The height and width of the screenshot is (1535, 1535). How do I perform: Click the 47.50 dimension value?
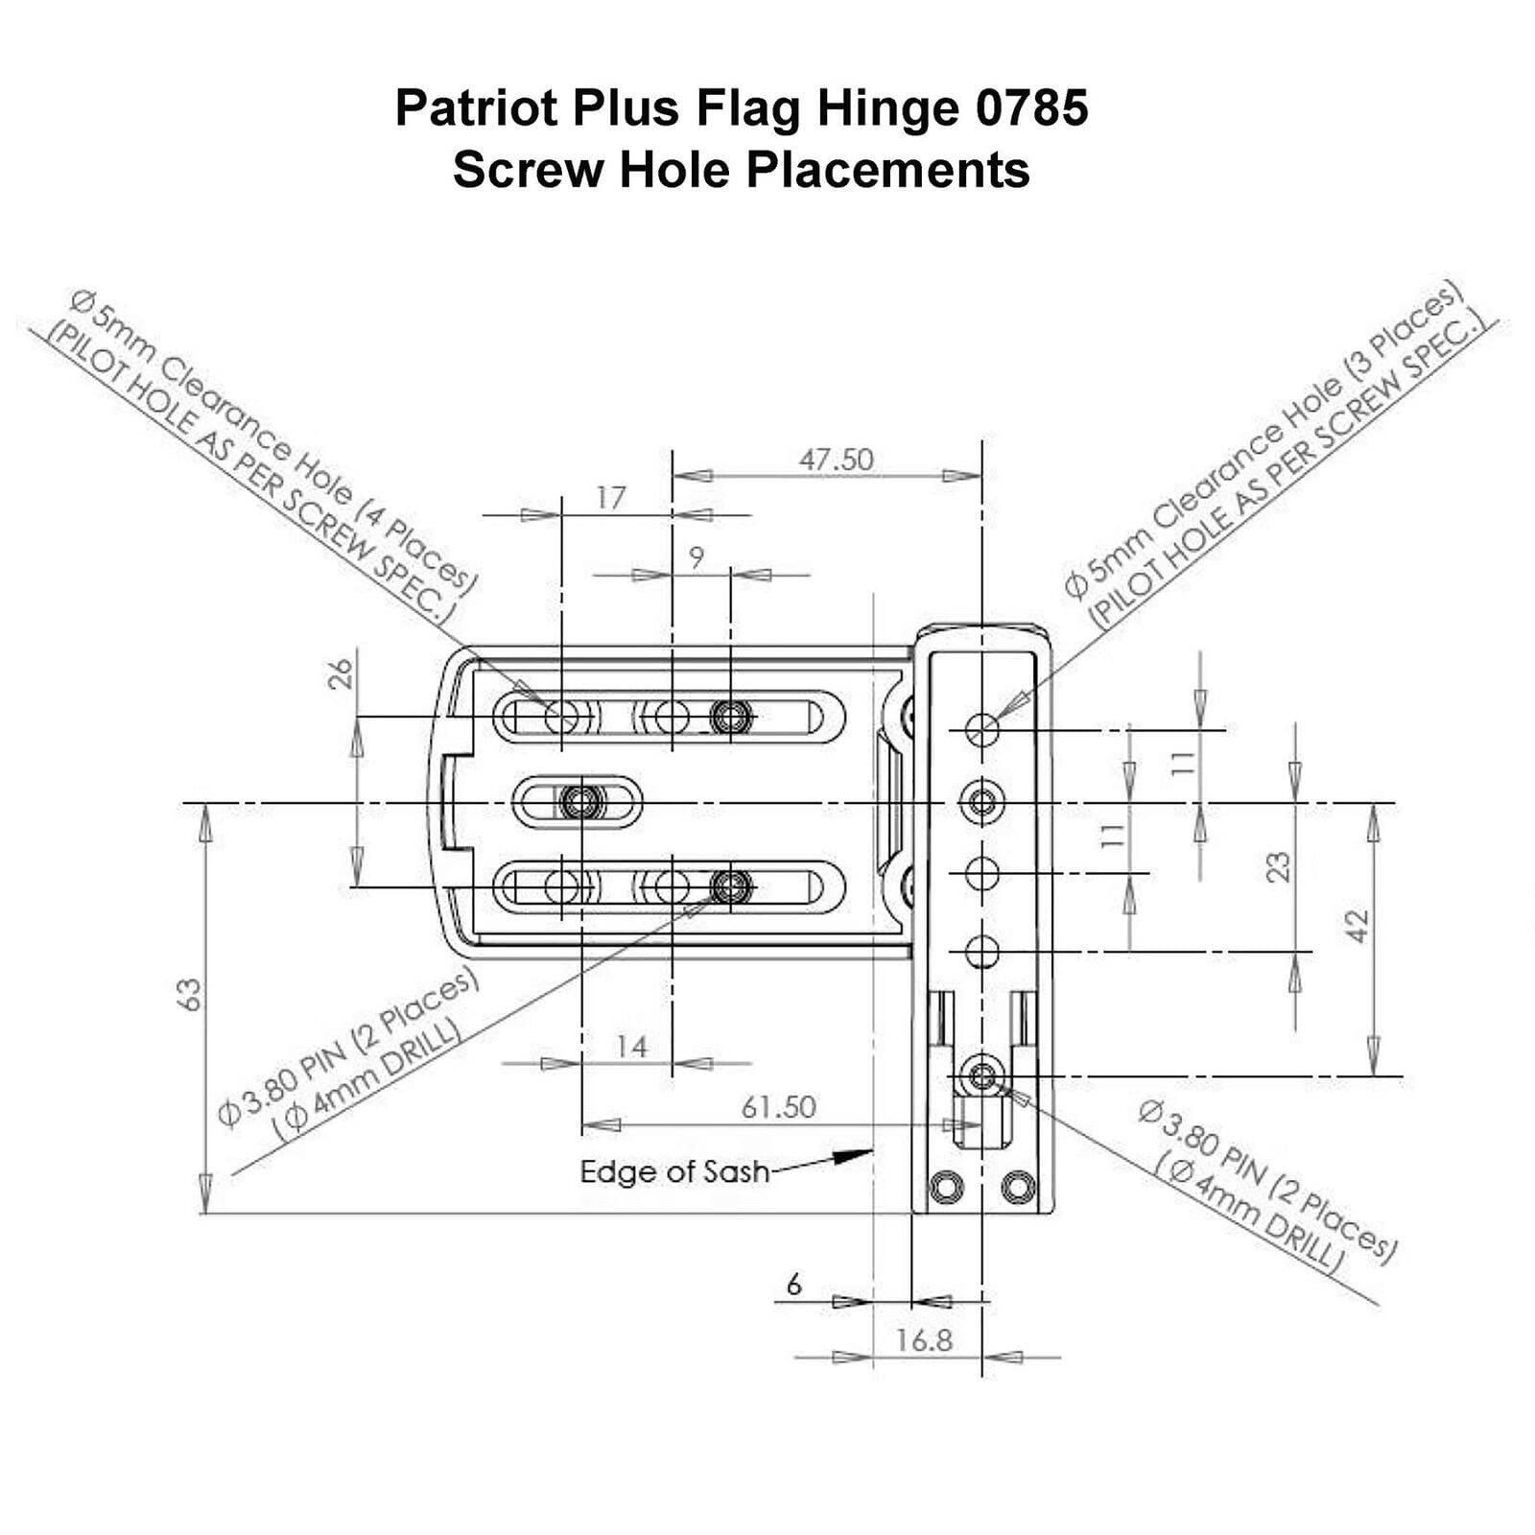click(837, 460)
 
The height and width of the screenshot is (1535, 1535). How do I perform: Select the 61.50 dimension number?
click(778, 1107)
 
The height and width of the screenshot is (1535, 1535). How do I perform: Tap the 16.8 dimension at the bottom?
click(924, 1340)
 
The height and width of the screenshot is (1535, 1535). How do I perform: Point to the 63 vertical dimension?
click(190, 994)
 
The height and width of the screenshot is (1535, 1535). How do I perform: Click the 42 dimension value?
click(1358, 926)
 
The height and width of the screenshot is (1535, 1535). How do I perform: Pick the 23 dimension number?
click(1278, 867)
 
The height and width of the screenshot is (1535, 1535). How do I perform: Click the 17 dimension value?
click(610, 498)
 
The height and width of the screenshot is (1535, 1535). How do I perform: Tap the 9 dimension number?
click(697, 556)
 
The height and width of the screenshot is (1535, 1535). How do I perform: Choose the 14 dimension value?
click(631, 1047)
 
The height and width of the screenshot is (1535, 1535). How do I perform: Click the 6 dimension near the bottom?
click(793, 1284)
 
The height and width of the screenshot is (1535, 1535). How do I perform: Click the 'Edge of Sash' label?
click(674, 1171)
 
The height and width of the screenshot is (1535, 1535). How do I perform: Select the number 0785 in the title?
click(1032, 107)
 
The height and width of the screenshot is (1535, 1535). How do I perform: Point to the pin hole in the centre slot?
click(581, 801)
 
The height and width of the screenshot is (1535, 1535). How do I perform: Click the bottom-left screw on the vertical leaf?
click(946, 1188)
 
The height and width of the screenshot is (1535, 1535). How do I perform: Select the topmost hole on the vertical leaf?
click(981, 729)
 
